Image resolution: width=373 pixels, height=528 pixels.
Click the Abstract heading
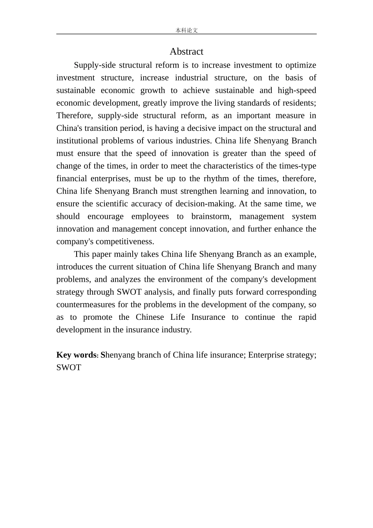pyautogui.click(x=186, y=51)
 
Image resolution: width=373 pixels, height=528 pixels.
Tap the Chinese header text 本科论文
pyautogui.click(x=186, y=30)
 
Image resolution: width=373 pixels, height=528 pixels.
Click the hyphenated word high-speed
pyautogui.click(x=297, y=90)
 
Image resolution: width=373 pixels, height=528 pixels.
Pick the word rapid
pyautogui.click(x=307, y=317)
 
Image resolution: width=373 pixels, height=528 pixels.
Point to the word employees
pyautogui.click(x=150, y=216)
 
